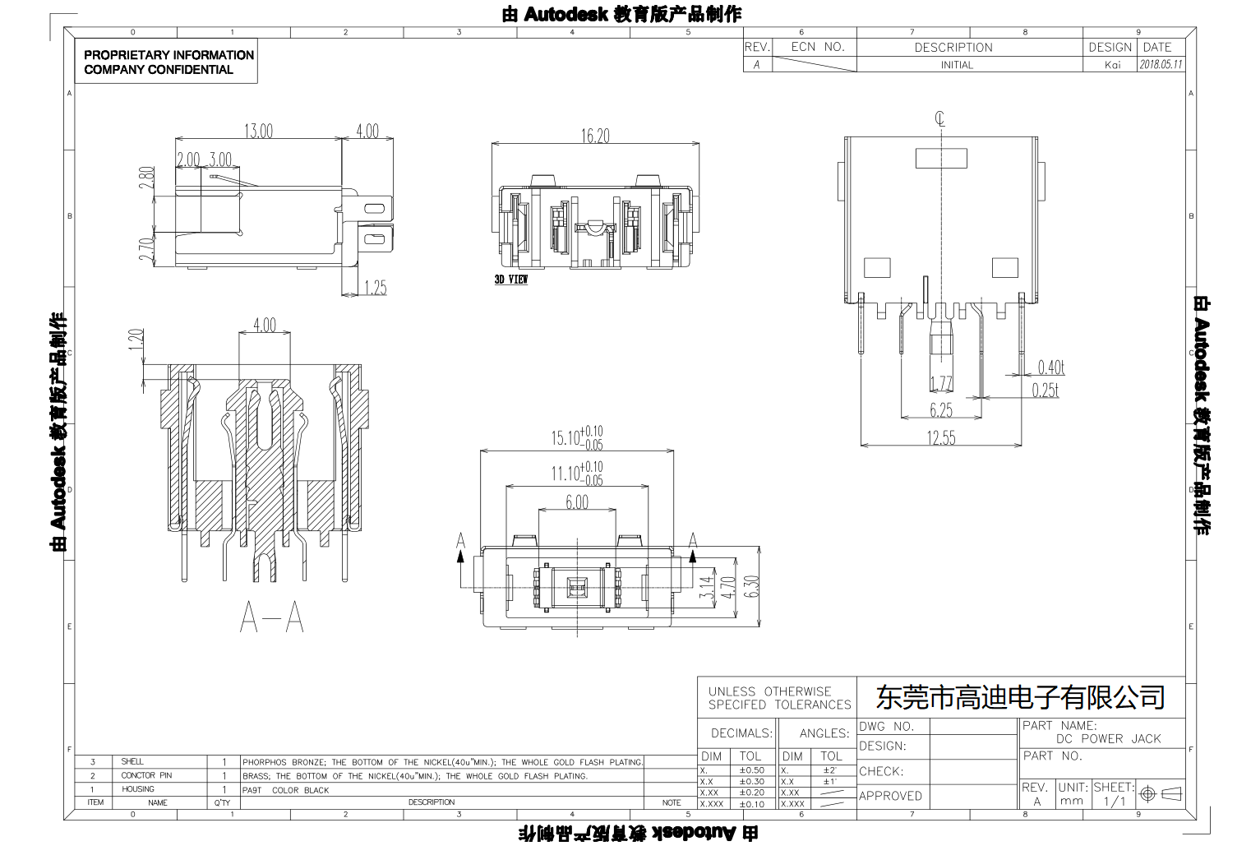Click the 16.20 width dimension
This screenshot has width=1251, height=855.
tap(595, 136)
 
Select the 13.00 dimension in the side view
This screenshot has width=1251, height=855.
tap(258, 131)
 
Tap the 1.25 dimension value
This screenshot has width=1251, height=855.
tap(375, 288)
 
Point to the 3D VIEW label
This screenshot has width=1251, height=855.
tap(510, 280)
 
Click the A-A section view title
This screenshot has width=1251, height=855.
tap(272, 617)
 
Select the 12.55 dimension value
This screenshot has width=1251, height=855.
tap(941, 438)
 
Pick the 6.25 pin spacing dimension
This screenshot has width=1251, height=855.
tap(941, 409)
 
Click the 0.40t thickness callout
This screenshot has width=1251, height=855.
tap(1050, 367)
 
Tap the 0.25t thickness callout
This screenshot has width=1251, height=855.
tap(1045, 390)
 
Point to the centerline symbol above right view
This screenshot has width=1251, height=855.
tap(939, 119)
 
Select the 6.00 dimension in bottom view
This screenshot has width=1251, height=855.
tap(577, 502)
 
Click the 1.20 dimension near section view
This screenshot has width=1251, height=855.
tap(136, 340)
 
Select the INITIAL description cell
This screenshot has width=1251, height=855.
tap(957, 65)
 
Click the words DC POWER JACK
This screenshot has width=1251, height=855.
tap(1108, 739)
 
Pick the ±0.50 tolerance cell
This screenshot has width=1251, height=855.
tap(751, 770)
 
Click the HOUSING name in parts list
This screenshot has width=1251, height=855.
tap(137, 789)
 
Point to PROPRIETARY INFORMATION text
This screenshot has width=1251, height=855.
tap(168, 55)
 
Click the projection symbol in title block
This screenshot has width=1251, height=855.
tap(1159, 793)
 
